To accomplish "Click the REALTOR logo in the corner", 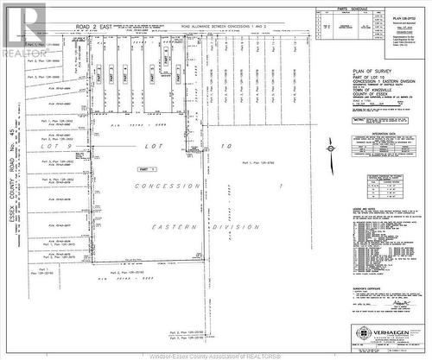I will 23,29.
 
